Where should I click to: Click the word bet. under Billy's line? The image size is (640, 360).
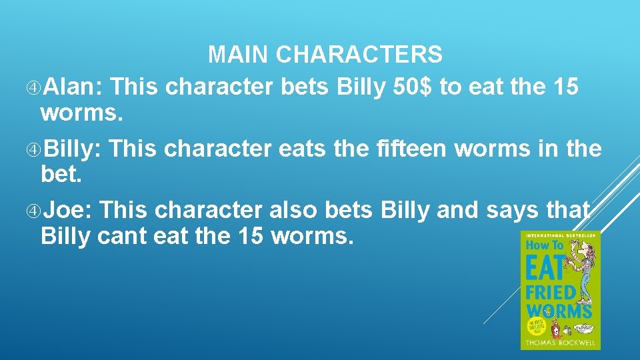(x=59, y=175)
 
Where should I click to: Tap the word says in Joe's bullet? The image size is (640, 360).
(x=513, y=211)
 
